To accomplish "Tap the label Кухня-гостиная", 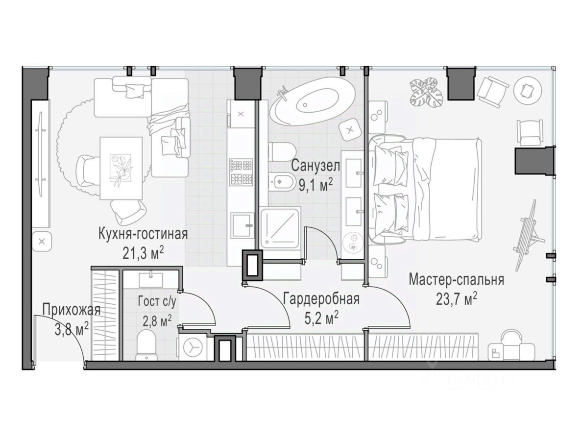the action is coord(143,234).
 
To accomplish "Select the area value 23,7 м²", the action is coord(456,299).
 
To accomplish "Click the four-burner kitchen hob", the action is coord(241,172).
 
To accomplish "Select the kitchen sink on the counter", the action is coord(241,225).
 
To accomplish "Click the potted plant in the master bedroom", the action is coord(427,91).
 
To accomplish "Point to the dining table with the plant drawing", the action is coord(121,168).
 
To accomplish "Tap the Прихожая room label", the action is coord(72,310).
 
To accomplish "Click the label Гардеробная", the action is coord(321,299).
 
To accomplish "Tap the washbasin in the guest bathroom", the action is coord(151,279).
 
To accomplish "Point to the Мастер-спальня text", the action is coord(456,280).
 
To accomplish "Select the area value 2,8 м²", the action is coord(157,320).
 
